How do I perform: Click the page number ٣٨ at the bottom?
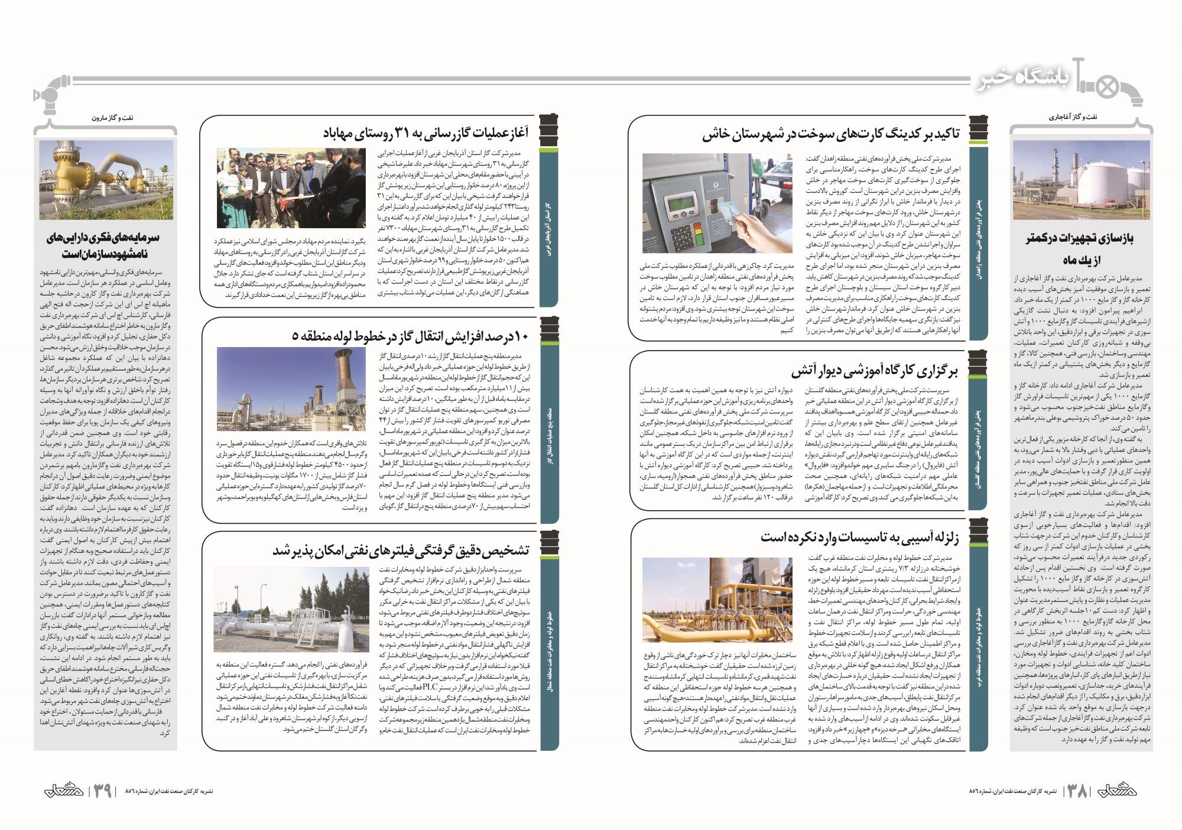(1077, 790)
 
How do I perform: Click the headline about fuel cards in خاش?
(831, 134)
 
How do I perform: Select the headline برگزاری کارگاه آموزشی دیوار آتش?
(874, 371)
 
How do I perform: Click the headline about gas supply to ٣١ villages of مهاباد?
(426, 132)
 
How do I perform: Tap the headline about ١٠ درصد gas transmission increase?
(410, 336)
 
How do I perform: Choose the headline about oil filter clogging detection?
(401, 550)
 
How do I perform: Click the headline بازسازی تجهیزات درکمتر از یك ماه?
(1080, 249)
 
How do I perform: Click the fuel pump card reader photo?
(717, 203)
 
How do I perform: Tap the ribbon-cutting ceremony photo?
(291, 188)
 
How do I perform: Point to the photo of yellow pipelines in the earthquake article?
(717, 600)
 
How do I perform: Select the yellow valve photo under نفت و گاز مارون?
(106, 180)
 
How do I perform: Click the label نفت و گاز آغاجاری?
(1073, 117)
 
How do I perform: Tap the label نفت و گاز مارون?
(112, 118)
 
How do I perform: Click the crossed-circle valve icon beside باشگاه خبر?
(1107, 88)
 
